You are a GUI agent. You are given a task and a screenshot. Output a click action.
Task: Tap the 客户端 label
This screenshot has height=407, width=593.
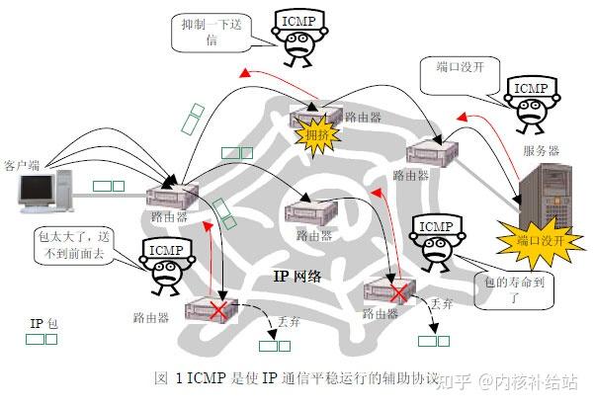(x=24, y=163)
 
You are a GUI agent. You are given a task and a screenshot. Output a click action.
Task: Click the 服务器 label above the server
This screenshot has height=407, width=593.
(x=542, y=151)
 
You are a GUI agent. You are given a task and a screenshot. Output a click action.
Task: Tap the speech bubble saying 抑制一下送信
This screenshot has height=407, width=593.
(x=212, y=35)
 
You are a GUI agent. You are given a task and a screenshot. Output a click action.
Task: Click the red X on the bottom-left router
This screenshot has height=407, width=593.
(x=214, y=311)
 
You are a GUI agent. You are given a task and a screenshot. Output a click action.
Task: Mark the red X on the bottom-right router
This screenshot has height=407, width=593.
(x=397, y=293)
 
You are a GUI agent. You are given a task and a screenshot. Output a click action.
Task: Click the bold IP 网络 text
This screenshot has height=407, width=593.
(x=297, y=276)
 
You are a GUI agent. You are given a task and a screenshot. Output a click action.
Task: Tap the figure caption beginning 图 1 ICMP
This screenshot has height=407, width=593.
(x=296, y=377)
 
